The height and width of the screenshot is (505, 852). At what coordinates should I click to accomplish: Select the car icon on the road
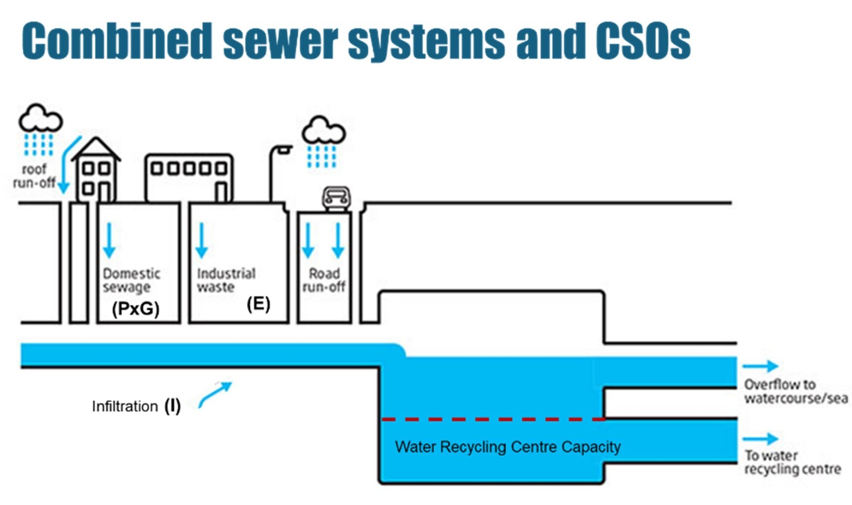(x=337, y=198)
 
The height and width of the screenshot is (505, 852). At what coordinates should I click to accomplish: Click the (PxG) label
(x=135, y=308)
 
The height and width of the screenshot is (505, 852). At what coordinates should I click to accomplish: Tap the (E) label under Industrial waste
(x=258, y=304)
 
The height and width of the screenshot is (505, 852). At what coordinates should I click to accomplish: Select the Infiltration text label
(x=125, y=406)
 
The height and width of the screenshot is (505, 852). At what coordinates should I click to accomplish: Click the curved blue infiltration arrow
(x=215, y=394)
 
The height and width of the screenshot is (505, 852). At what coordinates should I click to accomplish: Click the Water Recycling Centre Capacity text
(x=507, y=447)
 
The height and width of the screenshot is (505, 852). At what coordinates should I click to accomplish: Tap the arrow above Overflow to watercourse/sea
(x=759, y=366)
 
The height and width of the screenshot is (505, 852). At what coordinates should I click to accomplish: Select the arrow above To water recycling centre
(x=759, y=438)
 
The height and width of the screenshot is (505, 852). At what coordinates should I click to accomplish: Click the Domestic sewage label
(x=131, y=280)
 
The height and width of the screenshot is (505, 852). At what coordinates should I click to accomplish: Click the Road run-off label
(x=324, y=280)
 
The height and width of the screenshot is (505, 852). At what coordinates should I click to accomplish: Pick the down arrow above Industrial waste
(x=201, y=240)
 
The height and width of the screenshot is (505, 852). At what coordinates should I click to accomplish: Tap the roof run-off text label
(x=34, y=176)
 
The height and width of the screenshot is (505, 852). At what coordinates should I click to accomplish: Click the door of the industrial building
(x=222, y=192)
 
